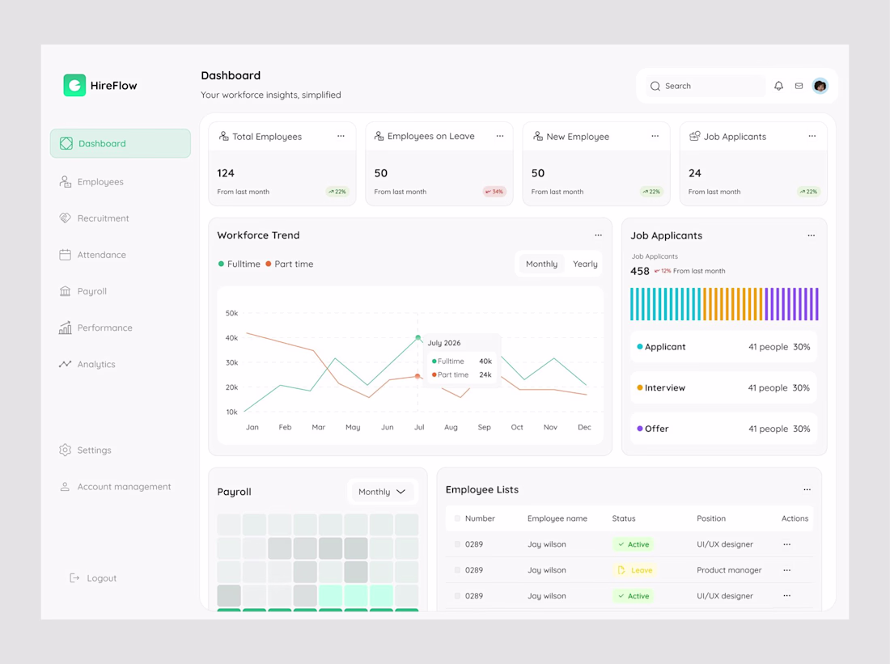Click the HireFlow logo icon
click(x=74, y=85)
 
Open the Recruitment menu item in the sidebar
click(x=94, y=218)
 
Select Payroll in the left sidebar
click(x=83, y=291)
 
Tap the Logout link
click(x=92, y=577)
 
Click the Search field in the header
click(x=706, y=87)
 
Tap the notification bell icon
click(x=778, y=86)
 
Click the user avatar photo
click(x=820, y=86)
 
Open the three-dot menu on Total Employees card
click(x=341, y=136)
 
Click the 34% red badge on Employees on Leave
click(x=494, y=191)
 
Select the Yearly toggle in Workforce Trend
click(x=585, y=264)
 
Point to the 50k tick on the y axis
click(x=231, y=313)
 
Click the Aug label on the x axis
click(x=451, y=427)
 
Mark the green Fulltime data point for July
click(x=418, y=338)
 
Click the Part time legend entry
click(x=289, y=264)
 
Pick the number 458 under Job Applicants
click(x=640, y=271)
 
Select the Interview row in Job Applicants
click(x=723, y=387)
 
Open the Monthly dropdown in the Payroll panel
click(x=382, y=492)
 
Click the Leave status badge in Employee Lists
click(x=636, y=570)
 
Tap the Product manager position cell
click(x=729, y=570)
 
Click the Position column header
click(x=711, y=518)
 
